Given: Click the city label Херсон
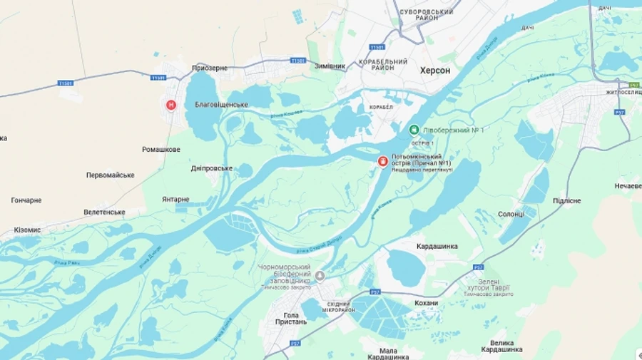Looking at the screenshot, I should click(435, 70).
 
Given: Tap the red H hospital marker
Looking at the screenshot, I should click(171, 105).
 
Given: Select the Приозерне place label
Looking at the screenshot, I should click(210, 68).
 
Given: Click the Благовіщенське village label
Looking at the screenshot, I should click(221, 105).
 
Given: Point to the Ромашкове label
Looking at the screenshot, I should click(161, 150).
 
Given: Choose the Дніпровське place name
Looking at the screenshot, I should click(212, 168).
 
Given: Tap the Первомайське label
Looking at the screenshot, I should click(111, 175).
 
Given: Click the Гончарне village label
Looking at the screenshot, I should click(26, 200).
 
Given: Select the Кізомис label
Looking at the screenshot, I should click(27, 230).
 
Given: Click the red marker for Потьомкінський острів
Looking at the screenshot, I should click(383, 163).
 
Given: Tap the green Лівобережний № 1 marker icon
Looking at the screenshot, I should click(414, 130).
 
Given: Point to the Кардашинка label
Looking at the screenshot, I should click(437, 246).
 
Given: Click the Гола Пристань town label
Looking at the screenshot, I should click(291, 318).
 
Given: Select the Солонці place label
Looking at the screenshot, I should click(511, 214).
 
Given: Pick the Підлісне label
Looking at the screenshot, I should click(566, 201).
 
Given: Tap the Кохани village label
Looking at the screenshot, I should click(426, 303).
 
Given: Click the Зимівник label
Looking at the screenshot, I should click(330, 66).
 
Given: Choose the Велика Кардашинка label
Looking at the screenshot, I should click(501, 345).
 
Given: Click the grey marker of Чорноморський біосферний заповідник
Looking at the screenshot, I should click(320, 275).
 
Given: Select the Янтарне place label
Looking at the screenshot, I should click(175, 200).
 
